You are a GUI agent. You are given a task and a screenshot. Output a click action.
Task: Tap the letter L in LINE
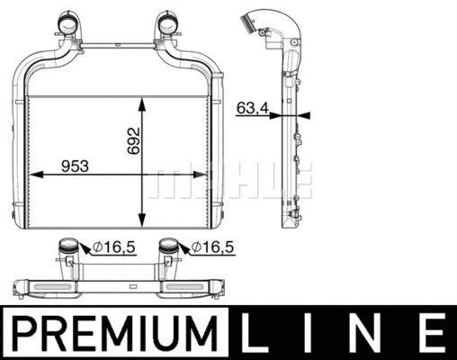tap(261, 334)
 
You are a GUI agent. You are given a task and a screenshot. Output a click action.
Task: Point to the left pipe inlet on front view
tap(68, 20)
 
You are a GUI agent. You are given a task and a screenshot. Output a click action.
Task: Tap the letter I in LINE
tap(315, 334)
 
